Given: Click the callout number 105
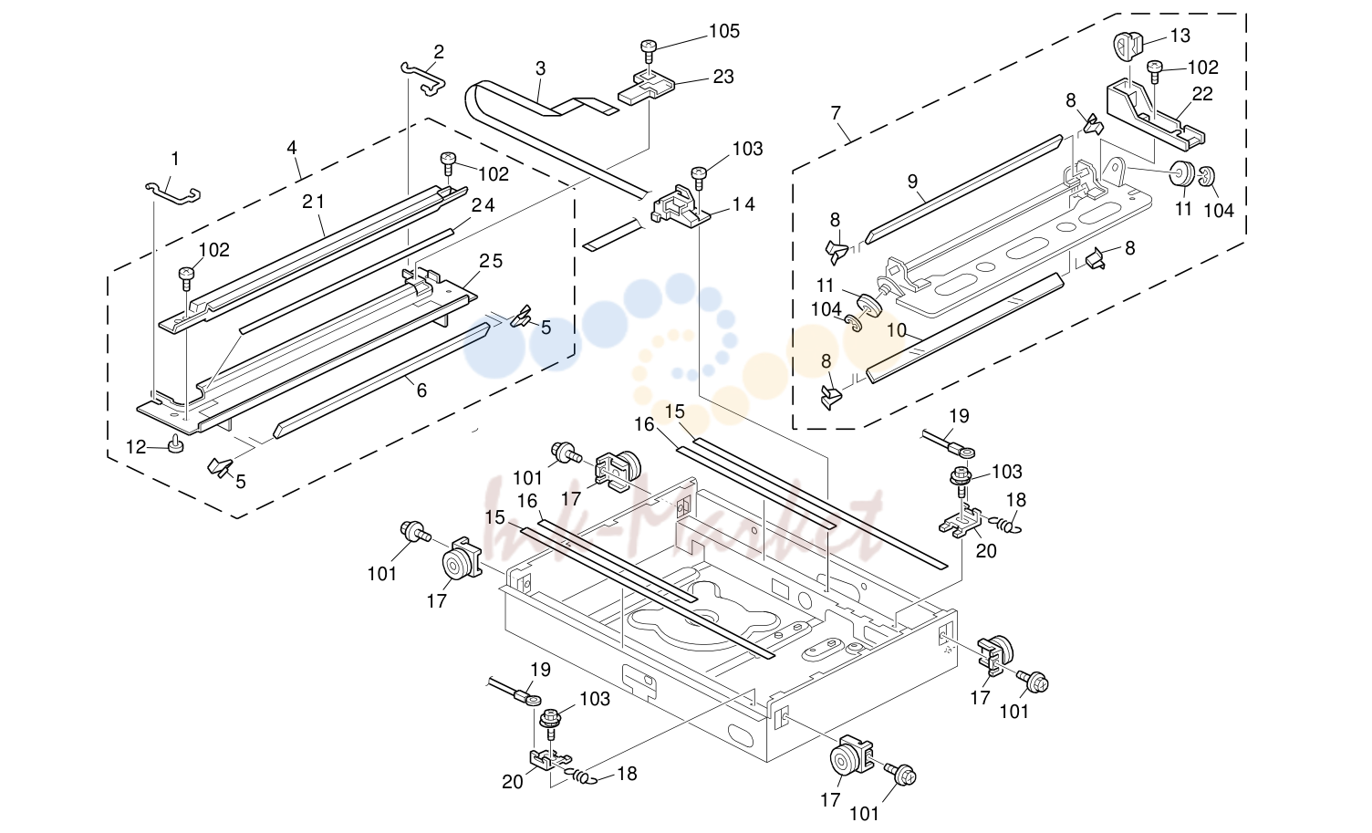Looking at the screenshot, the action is pyautogui.click(x=724, y=31).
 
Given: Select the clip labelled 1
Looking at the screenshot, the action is pyautogui.click(x=172, y=193).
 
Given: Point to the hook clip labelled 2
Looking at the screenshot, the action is pyautogui.click(x=424, y=78).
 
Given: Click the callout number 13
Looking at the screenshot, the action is pyautogui.click(x=1180, y=36).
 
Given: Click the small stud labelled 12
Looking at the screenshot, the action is pyautogui.click(x=176, y=444).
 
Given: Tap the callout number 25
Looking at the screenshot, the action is pyautogui.click(x=491, y=261).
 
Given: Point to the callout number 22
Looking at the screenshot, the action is pyautogui.click(x=1202, y=94).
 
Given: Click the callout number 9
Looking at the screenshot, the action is pyautogui.click(x=912, y=182).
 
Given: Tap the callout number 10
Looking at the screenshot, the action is pyautogui.click(x=896, y=331).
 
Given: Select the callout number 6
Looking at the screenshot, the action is pyautogui.click(x=421, y=390).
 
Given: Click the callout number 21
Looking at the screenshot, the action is pyautogui.click(x=314, y=202).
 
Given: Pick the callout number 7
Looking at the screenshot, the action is pyautogui.click(x=836, y=113).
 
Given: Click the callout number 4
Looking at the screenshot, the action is pyautogui.click(x=292, y=148).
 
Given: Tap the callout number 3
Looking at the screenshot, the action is pyautogui.click(x=540, y=68).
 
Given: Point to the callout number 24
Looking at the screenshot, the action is pyautogui.click(x=483, y=204).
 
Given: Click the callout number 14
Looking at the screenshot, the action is pyautogui.click(x=743, y=204).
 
